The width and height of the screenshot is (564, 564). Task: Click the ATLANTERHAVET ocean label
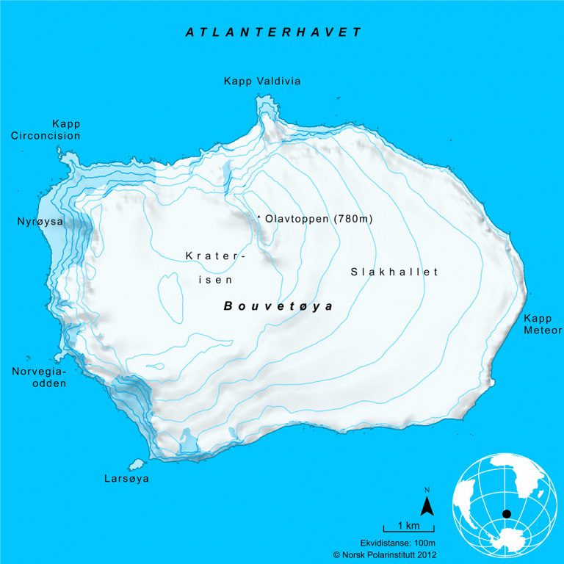point(273,32)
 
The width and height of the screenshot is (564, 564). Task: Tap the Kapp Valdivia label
point(262,81)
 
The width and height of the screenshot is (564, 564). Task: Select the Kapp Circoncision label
point(46,130)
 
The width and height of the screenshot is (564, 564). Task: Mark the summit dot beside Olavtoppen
point(259,217)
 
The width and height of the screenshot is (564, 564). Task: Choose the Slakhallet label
point(394,272)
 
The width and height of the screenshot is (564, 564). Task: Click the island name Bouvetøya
point(278,306)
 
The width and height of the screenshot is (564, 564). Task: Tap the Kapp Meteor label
point(542,325)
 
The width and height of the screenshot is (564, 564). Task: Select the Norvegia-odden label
point(40,377)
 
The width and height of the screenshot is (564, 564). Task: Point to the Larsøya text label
point(126,479)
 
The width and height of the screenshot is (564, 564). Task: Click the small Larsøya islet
point(135,464)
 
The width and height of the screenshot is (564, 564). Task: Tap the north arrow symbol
point(427,505)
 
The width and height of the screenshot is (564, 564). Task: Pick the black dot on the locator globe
point(506,513)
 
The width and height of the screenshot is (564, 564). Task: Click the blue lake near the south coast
point(189,442)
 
